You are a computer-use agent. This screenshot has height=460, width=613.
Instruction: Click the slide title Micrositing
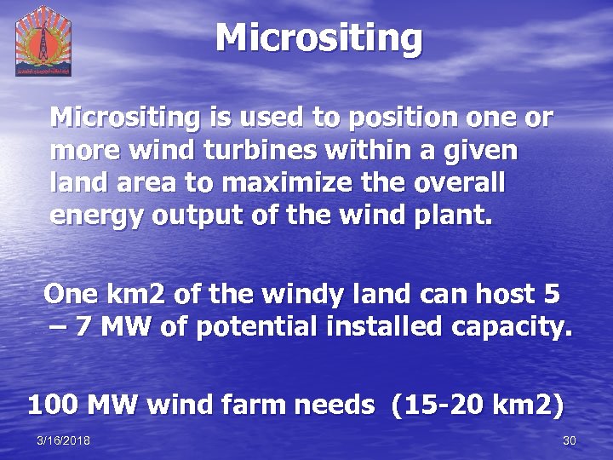click(318, 38)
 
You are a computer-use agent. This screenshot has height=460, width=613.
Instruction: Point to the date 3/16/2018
click(64, 440)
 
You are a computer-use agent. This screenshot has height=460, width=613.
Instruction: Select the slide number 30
click(570, 440)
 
